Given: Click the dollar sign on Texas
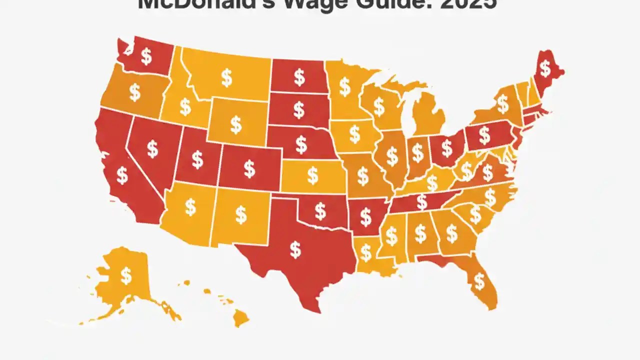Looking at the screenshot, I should click(295, 249).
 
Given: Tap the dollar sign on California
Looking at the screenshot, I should click(122, 175).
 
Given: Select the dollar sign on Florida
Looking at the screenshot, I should click(479, 281).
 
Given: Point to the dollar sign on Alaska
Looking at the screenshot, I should click(126, 275).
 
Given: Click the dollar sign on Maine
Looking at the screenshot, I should click(545, 68).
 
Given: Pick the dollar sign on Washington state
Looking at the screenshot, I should click(146, 56).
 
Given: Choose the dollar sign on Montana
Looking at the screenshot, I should click(226, 77).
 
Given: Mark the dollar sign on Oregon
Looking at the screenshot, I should click(134, 92).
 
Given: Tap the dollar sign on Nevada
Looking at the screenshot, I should click(152, 148).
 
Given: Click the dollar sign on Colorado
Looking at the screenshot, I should click(249, 168).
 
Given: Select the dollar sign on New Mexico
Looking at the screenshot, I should click(241, 214).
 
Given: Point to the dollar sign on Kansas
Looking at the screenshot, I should click(312, 175).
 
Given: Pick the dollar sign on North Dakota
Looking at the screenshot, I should click(299, 77).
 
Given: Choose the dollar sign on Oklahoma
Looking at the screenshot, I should click(320, 211).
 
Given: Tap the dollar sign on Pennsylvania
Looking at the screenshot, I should click(484, 134).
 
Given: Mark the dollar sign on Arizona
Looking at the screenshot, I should click(190, 206).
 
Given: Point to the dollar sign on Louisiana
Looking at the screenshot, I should click(366, 253).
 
